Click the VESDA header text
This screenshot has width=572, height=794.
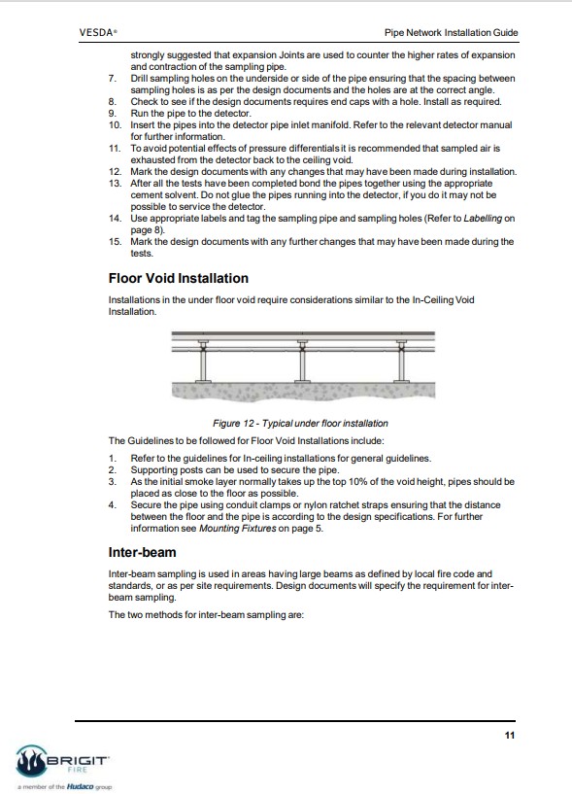pyautogui.click(x=98, y=32)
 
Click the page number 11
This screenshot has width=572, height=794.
pyautogui.click(x=510, y=736)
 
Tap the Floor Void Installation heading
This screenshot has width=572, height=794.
pyautogui.click(x=178, y=278)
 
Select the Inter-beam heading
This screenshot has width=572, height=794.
pyautogui.click(x=142, y=552)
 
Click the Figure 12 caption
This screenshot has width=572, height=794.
pyautogui.click(x=300, y=424)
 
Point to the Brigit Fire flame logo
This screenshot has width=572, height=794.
pyautogui.click(x=32, y=761)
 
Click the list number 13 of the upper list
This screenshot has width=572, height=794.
pyautogui.click(x=115, y=184)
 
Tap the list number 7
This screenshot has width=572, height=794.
pyautogui.click(x=113, y=79)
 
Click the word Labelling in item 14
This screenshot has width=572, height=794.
pyautogui.click(x=483, y=219)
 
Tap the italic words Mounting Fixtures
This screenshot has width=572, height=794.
pyautogui.click(x=237, y=528)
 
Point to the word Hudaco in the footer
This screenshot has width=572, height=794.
pyautogui.click(x=80, y=786)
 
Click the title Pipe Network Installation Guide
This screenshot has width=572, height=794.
pyautogui.click(x=451, y=33)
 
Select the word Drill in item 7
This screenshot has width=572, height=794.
pyautogui.click(x=139, y=79)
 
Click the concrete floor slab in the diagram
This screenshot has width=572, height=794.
pyautogui.click(x=303, y=392)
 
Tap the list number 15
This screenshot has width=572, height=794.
pyautogui.click(x=115, y=242)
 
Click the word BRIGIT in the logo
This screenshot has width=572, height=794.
pyautogui.click(x=77, y=761)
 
